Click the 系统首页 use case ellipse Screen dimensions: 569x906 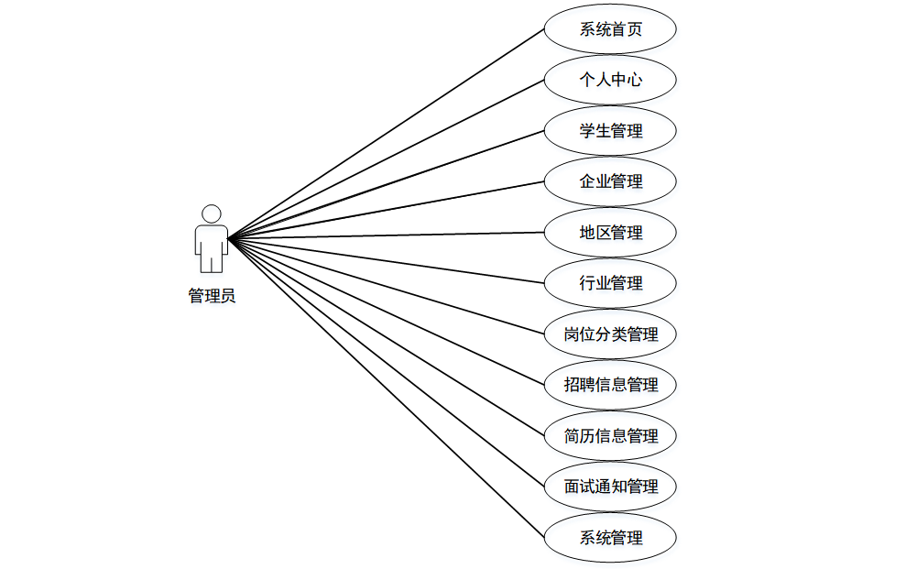tap(610, 29)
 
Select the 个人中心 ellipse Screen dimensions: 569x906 tap(610, 80)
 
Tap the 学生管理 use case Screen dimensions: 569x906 tap(610, 131)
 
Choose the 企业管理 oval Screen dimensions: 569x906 tap(610, 181)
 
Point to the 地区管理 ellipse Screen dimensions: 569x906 tap(610, 233)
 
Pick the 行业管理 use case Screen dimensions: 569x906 tap(610, 283)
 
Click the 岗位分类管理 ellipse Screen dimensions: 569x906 tap(610, 334)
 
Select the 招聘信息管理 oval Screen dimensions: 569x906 tap(610, 385)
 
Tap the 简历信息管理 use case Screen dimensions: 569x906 tap(610, 436)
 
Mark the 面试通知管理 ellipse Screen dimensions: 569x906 tap(610, 487)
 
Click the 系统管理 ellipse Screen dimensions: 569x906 tap(610, 538)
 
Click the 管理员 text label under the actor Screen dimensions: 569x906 tap(212, 296)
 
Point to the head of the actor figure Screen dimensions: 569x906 tap(212, 213)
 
